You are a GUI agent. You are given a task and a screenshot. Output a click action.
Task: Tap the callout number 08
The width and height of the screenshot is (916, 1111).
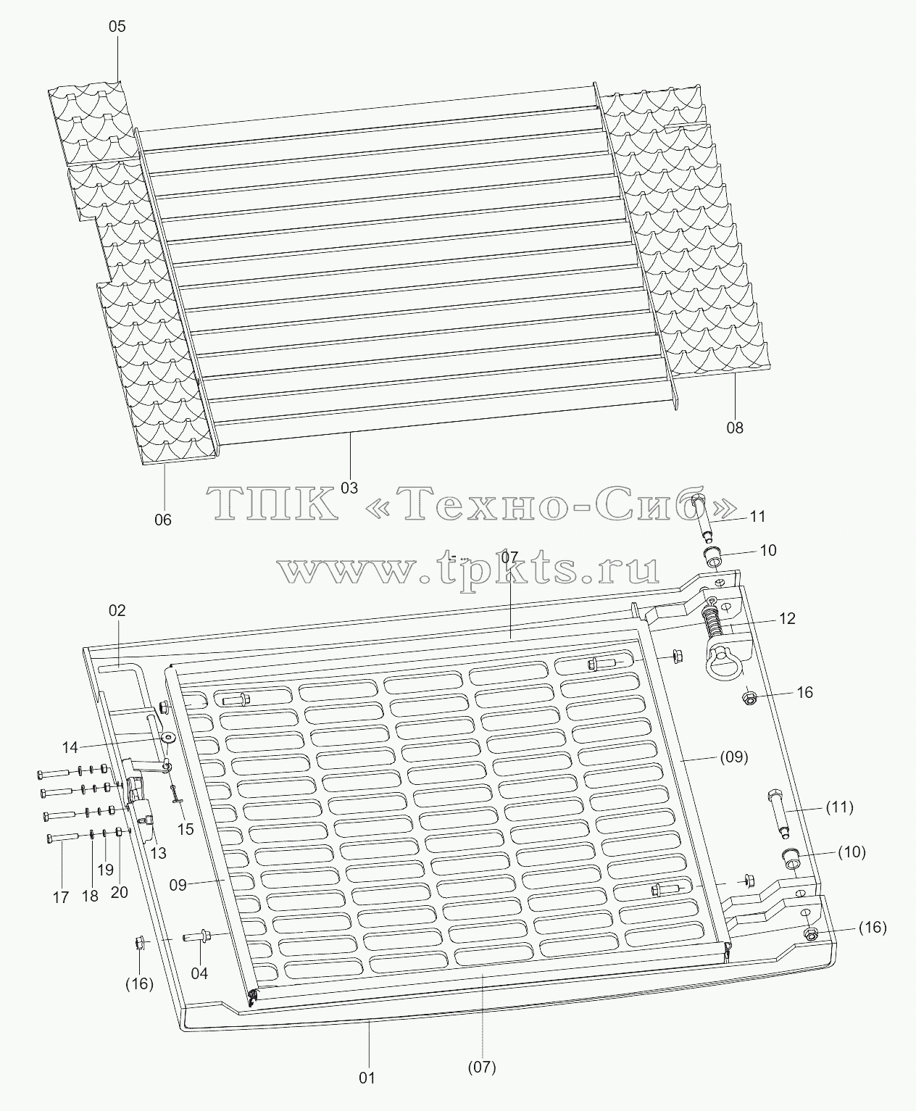pyautogui.click(x=735, y=428)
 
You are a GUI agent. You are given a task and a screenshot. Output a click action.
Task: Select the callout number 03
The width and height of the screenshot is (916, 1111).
pyautogui.click(x=349, y=488)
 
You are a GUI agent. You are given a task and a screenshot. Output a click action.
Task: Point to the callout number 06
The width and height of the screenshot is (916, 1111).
pyautogui.click(x=163, y=520)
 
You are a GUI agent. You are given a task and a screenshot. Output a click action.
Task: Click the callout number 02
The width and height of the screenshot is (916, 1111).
pyautogui.click(x=117, y=610)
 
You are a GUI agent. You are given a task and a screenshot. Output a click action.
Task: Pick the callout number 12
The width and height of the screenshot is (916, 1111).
pyautogui.click(x=787, y=618)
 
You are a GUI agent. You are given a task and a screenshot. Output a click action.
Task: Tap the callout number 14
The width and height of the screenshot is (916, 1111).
pyautogui.click(x=70, y=748)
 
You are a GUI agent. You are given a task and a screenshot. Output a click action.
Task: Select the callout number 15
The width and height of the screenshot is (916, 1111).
pyautogui.click(x=186, y=829)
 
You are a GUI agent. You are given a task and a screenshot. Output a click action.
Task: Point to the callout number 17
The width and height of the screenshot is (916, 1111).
pyautogui.click(x=61, y=898)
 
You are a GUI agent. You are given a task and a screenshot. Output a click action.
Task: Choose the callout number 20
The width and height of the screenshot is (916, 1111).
pyautogui.click(x=120, y=892)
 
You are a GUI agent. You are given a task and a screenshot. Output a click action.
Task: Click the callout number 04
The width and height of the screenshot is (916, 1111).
pyautogui.click(x=199, y=973)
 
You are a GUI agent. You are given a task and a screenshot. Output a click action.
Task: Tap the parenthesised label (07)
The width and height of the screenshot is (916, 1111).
pyautogui.click(x=482, y=1067)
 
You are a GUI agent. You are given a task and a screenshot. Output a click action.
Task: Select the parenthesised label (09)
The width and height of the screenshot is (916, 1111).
pyautogui.click(x=734, y=757)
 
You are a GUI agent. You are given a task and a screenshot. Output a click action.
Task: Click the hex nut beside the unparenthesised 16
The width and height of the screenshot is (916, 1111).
pyautogui.click(x=750, y=698)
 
